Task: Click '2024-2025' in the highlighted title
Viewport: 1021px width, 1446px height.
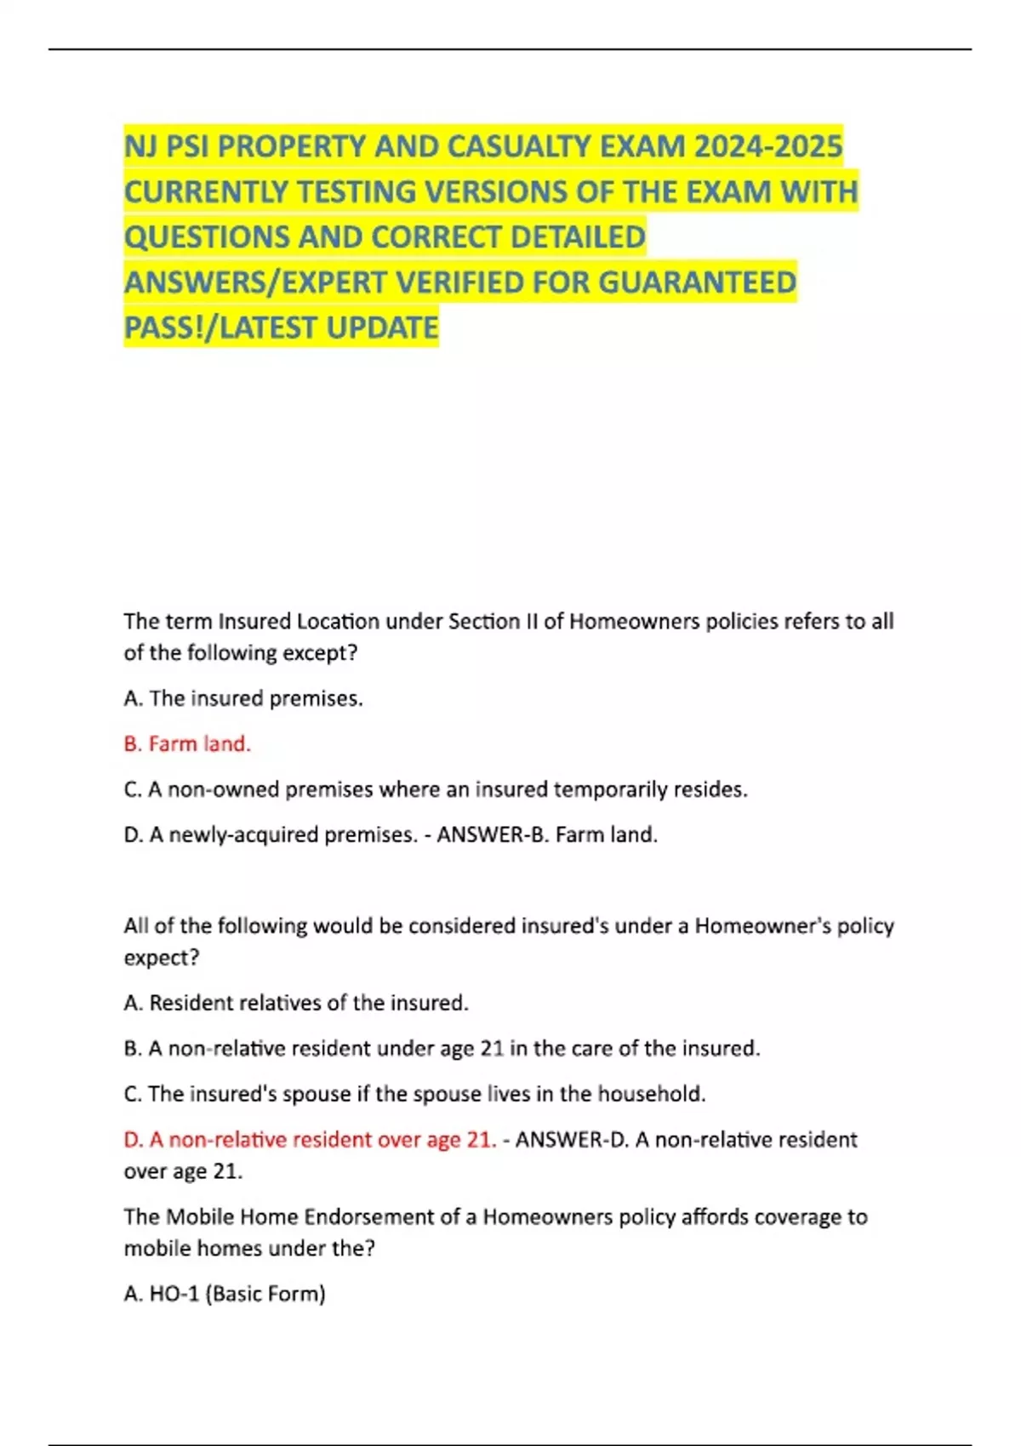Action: click(767, 147)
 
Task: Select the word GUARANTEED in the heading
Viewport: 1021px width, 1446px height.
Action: click(698, 282)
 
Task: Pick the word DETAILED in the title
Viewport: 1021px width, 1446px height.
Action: click(578, 236)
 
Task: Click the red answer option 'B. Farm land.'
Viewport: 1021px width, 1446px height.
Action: click(187, 743)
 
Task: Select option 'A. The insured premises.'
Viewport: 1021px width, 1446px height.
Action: click(243, 698)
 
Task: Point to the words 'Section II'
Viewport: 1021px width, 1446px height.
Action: click(493, 622)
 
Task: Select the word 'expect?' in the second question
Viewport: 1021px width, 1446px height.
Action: click(162, 958)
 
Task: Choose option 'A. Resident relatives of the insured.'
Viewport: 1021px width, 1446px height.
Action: click(296, 1003)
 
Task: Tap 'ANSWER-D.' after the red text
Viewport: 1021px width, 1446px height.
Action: click(572, 1140)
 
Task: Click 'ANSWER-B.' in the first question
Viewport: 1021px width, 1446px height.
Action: click(493, 834)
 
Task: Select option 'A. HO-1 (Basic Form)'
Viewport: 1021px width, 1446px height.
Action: click(225, 1294)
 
